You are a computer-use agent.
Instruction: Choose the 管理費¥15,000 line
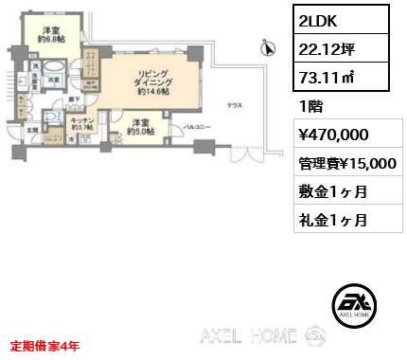346,163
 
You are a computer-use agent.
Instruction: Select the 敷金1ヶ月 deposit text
332,192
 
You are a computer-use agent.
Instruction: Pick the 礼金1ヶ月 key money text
332,220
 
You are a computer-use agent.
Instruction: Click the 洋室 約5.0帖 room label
140,126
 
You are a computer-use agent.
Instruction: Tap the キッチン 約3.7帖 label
80,125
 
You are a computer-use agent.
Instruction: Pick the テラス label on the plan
232,105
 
